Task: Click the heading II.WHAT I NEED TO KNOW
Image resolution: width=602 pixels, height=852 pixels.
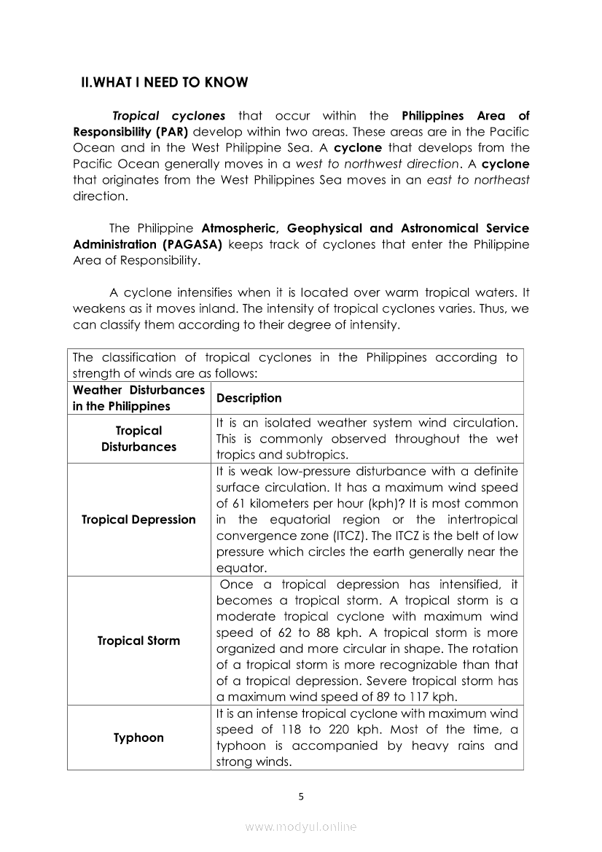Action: [164, 82]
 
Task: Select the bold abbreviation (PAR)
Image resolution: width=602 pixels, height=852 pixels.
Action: [164, 132]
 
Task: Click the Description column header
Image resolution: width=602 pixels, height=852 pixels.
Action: [249, 398]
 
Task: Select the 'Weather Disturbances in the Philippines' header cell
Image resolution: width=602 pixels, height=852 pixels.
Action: [138, 398]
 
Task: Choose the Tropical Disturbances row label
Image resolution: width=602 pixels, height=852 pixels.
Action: [138, 439]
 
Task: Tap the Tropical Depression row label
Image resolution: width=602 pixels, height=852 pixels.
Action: [138, 520]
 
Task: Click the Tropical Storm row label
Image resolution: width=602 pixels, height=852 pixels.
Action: [138, 641]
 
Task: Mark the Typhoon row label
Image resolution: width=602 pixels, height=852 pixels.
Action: [138, 738]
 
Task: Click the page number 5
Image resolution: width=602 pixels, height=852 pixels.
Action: [301, 797]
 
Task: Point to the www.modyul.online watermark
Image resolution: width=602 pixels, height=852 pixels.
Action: [301, 826]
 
